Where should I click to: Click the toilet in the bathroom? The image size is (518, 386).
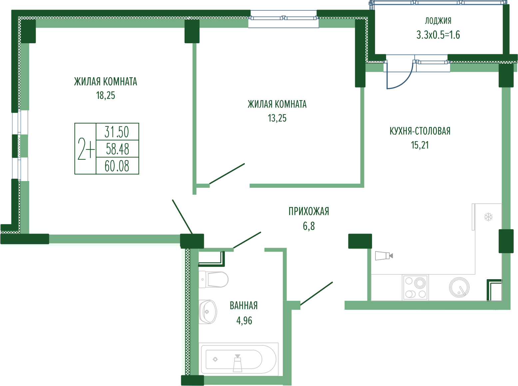213,280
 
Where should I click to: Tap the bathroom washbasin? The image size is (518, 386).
208,312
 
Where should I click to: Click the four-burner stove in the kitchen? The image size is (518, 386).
415,288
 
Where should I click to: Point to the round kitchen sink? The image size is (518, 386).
459,288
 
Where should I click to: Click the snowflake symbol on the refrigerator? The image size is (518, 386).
488,217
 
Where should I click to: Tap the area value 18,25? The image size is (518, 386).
106,96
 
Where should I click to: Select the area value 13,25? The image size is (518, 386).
277,118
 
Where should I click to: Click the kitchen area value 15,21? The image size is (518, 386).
420,145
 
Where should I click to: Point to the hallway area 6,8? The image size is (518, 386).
309,226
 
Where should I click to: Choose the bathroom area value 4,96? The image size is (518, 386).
244,320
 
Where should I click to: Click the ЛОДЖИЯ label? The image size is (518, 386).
438,21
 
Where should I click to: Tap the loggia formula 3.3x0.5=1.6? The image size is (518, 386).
438,35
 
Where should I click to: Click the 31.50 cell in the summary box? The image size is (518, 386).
117,132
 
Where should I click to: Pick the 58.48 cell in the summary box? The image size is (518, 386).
117,149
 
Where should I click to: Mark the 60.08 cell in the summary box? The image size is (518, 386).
117,166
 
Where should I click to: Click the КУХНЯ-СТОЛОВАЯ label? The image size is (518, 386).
420,131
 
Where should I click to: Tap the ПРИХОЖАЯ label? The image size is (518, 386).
309,211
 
